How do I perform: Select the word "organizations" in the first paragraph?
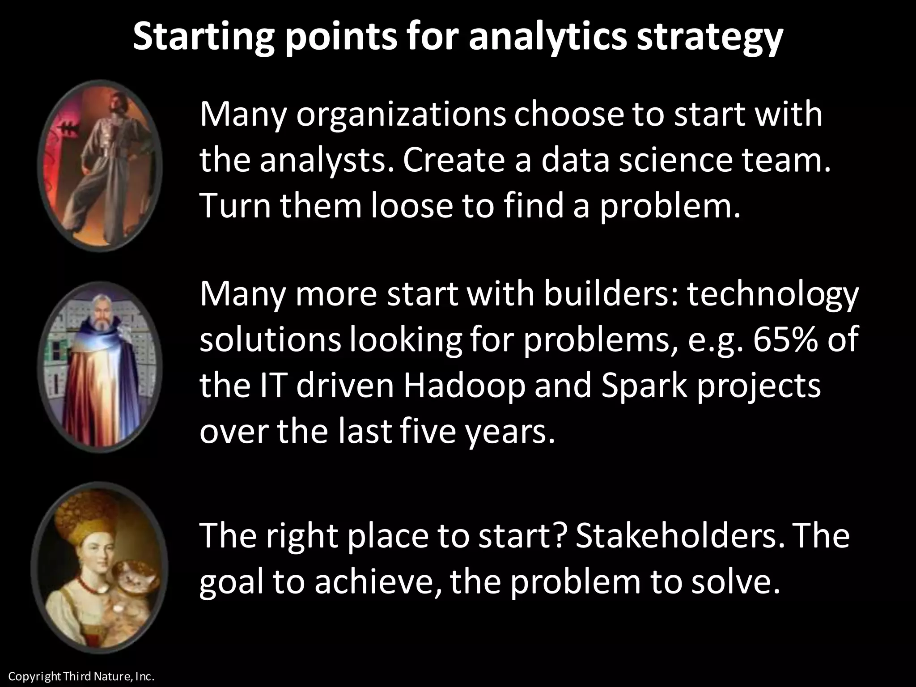point(400,115)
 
